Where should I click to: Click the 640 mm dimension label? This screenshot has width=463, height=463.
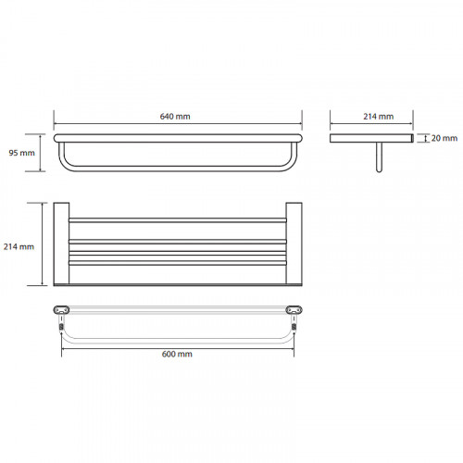(x=175, y=117)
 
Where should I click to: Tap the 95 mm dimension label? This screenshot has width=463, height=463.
(x=21, y=153)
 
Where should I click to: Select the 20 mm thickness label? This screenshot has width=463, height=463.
(x=444, y=138)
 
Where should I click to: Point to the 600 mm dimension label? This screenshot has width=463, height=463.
(x=177, y=354)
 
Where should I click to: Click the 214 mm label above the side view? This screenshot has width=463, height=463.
(x=379, y=117)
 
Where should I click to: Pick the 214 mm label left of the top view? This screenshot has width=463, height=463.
(x=19, y=246)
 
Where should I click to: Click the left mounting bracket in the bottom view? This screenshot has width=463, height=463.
(x=61, y=309)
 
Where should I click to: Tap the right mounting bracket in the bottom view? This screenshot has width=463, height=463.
(x=294, y=309)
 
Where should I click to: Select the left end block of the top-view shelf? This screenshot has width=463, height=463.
(x=61, y=244)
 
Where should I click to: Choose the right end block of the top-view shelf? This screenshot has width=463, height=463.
(x=294, y=244)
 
